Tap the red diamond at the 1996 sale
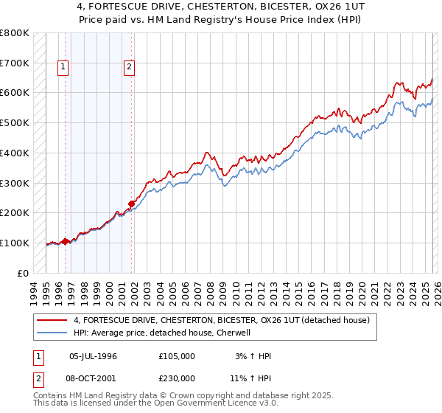coord(65,241)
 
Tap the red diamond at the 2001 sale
coord(132,204)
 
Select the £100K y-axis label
coord(15,243)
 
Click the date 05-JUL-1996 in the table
coord(93,356)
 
